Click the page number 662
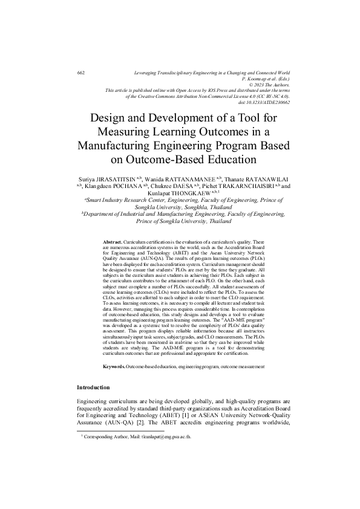pos(81,73)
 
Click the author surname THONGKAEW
pos(186,195)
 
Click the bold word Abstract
pos(115,241)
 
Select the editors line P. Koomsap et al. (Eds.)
pos(266,79)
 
